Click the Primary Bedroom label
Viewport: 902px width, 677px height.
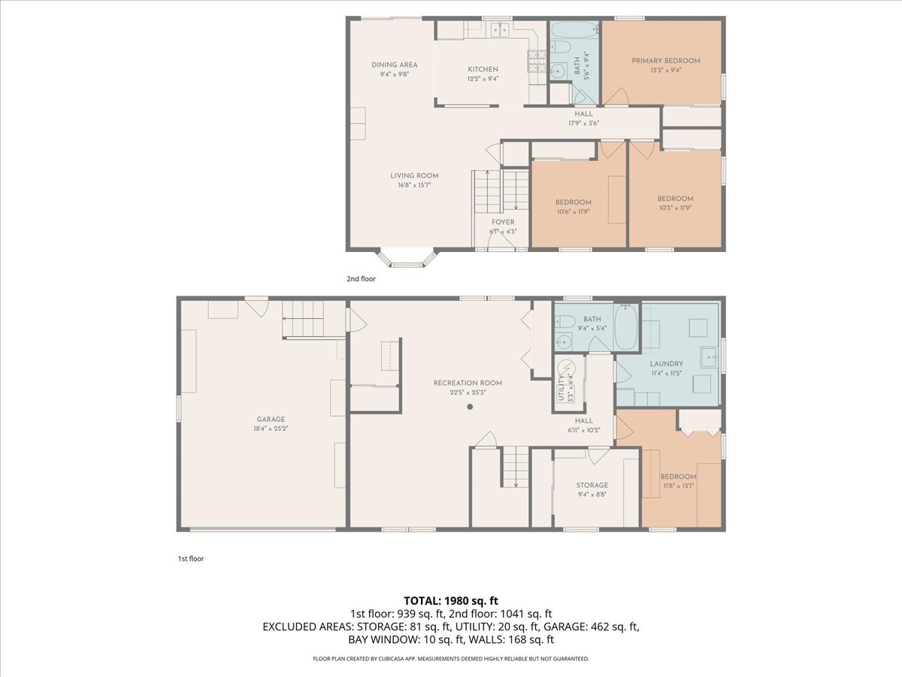pos(666,61)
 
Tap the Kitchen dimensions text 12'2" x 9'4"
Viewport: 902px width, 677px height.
pos(483,78)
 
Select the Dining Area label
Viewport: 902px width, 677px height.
pos(394,65)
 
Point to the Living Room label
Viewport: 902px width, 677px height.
pos(414,175)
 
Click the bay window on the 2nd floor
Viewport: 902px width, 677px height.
pos(407,258)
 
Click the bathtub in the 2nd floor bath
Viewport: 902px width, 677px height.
pos(574,30)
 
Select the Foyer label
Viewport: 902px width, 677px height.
pos(503,222)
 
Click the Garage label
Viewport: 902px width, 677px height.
pos(271,419)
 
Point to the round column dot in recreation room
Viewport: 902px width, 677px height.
pos(470,406)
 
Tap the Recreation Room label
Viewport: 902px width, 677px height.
pos(468,383)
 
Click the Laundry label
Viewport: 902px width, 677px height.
pos(667,364)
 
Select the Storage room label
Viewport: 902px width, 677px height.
pos(592,485)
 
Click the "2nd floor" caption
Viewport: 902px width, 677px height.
pos(362,278)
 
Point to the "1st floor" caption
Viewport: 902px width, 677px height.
pos(191,559)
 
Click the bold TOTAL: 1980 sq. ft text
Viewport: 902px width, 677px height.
pos(451,601)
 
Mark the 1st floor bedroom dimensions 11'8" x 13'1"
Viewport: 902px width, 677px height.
pos(678,486)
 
